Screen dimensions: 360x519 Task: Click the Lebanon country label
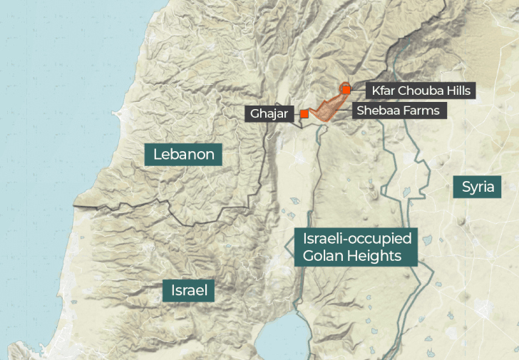tap(183, 153)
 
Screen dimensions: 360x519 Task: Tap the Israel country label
tap(189, 290)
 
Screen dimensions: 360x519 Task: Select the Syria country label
tap(478, 187)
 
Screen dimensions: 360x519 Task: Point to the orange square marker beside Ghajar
tap(304, 113)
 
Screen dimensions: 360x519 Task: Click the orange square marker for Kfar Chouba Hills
tap(346, 90)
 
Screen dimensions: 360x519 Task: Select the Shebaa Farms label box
tap(399, 110)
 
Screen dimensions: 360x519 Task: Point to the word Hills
tap(454, 91)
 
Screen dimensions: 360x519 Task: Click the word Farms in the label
tap(422, 110)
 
